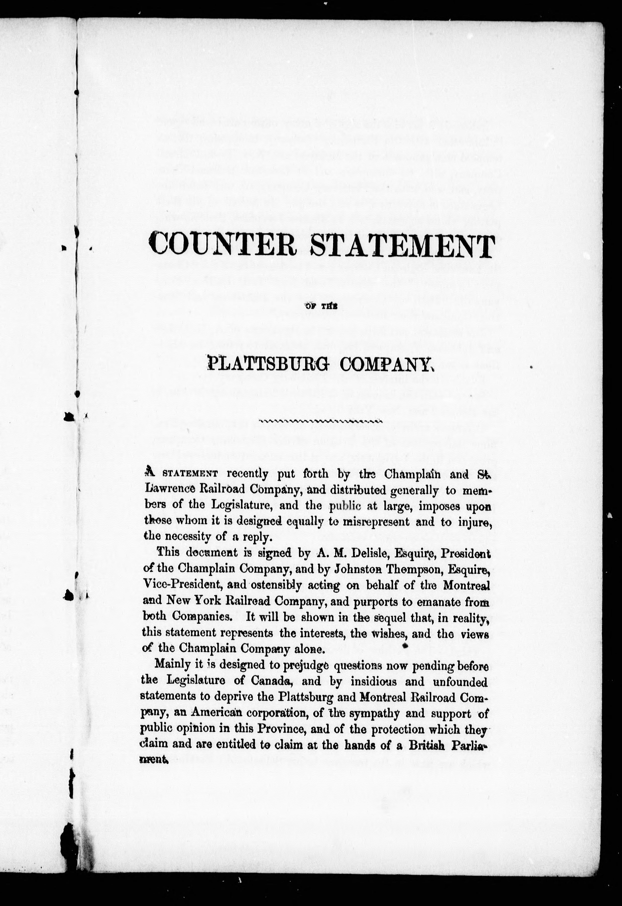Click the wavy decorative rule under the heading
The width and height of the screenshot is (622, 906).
(x=320, y=421)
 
